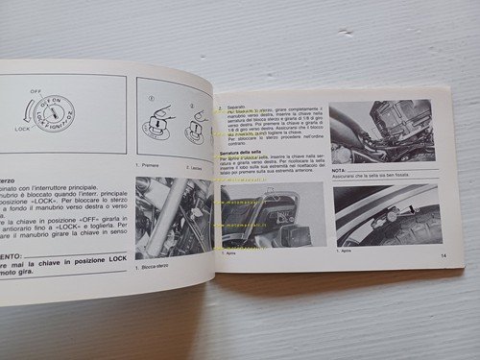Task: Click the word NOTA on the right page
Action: pyautogui.click(x=340, y=168)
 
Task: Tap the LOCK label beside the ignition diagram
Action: pyautogui.click(x=17, y=125)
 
